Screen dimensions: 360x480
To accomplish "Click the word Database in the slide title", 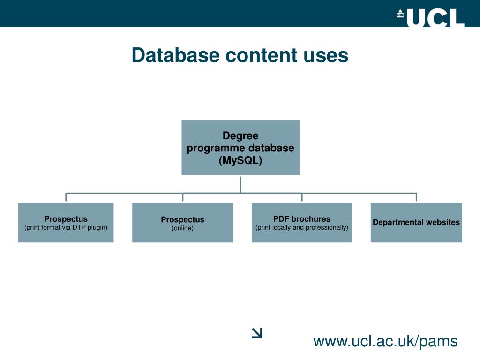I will coord(175,55).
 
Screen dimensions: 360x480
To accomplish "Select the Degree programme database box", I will coord(240,148).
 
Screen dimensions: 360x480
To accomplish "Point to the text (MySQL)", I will coord(240,160).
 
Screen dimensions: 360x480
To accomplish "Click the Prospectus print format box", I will coord(66,222).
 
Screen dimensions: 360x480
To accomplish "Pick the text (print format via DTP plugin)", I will coord(66,228).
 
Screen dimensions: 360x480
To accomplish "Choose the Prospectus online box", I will coord(182,222).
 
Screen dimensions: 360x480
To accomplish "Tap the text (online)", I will coord(182,228).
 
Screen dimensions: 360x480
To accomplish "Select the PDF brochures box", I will coord(302,222).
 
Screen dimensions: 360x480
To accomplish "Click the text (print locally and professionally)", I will coord(302,228).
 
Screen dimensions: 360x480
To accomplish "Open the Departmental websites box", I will coord(416,222).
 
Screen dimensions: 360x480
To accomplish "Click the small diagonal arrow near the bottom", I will coord(257,333).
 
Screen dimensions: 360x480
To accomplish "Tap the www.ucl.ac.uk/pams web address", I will coord(385,341).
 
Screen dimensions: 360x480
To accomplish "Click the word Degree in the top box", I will coord(240,136).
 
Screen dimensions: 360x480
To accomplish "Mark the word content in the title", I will coord(261,55).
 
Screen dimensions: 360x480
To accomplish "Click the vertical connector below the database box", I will coord(240,184).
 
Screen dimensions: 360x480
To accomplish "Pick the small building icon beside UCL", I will coord(400,14).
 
